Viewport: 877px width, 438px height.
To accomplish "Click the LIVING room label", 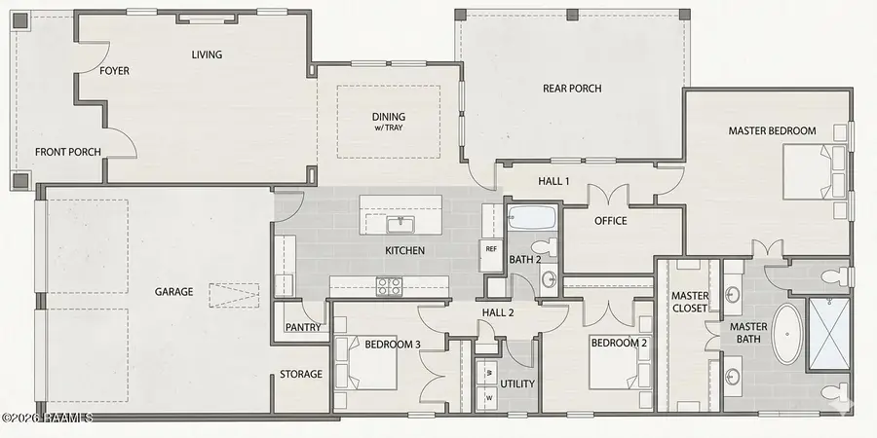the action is point(207,55).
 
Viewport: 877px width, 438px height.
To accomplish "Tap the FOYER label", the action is point(114,71).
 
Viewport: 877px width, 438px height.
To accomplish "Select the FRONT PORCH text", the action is point(67,152).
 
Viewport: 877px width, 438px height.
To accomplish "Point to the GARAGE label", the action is point(174,292).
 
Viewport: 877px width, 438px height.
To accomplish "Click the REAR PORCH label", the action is point(572,89).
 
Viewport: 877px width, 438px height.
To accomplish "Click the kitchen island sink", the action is point(400,225).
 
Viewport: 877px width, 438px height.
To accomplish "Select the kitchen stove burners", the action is point(389,286).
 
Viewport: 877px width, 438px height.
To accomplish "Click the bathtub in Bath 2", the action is point(532,217).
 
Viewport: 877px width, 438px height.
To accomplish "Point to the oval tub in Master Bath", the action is point(787,334).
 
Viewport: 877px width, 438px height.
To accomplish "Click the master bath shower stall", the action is point(829,334).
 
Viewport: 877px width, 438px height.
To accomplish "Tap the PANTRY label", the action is point(303,327).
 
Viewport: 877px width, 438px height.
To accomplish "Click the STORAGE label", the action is point(301,375).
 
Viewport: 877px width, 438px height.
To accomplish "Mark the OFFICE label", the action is point(611,221).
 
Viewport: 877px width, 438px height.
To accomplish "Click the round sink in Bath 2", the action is point(549,278).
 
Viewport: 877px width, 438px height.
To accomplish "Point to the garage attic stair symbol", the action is point(234,295).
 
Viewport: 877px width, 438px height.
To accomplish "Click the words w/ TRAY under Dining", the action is point(389,128).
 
